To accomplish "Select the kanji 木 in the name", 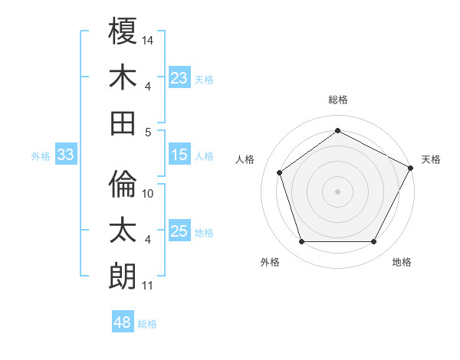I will pyautogui.click(x=123, y=77).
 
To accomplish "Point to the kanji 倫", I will pyautogui.click(x=123, y=185).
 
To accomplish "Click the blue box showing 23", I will pyautogui.click(x=179, y=77).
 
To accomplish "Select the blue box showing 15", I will pyautogui.click(x=179, y=155).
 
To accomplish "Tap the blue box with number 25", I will pyautogui.click(x=179, y=231).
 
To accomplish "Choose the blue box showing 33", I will pyautogui.click(x=66, y=155).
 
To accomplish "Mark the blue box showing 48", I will pyautogui.click(x=123, y=322).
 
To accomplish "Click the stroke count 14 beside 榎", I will pyautogui.click(x=149, y=39).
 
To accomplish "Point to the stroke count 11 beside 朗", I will pyautogui.click(x=148, y=286).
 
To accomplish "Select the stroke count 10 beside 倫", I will pyautogui.click(x=149, y=194).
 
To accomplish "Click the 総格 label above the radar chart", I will pyautogui.click(x=337, y=100).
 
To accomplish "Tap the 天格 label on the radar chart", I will pyautogui.click(x=431, y=159).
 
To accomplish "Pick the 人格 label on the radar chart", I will pyautogui.click(x=245, y=159).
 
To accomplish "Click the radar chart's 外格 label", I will pyautogui.click(x=270, y=262).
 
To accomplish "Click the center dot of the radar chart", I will pyautogui.click(x=337, y=191).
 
